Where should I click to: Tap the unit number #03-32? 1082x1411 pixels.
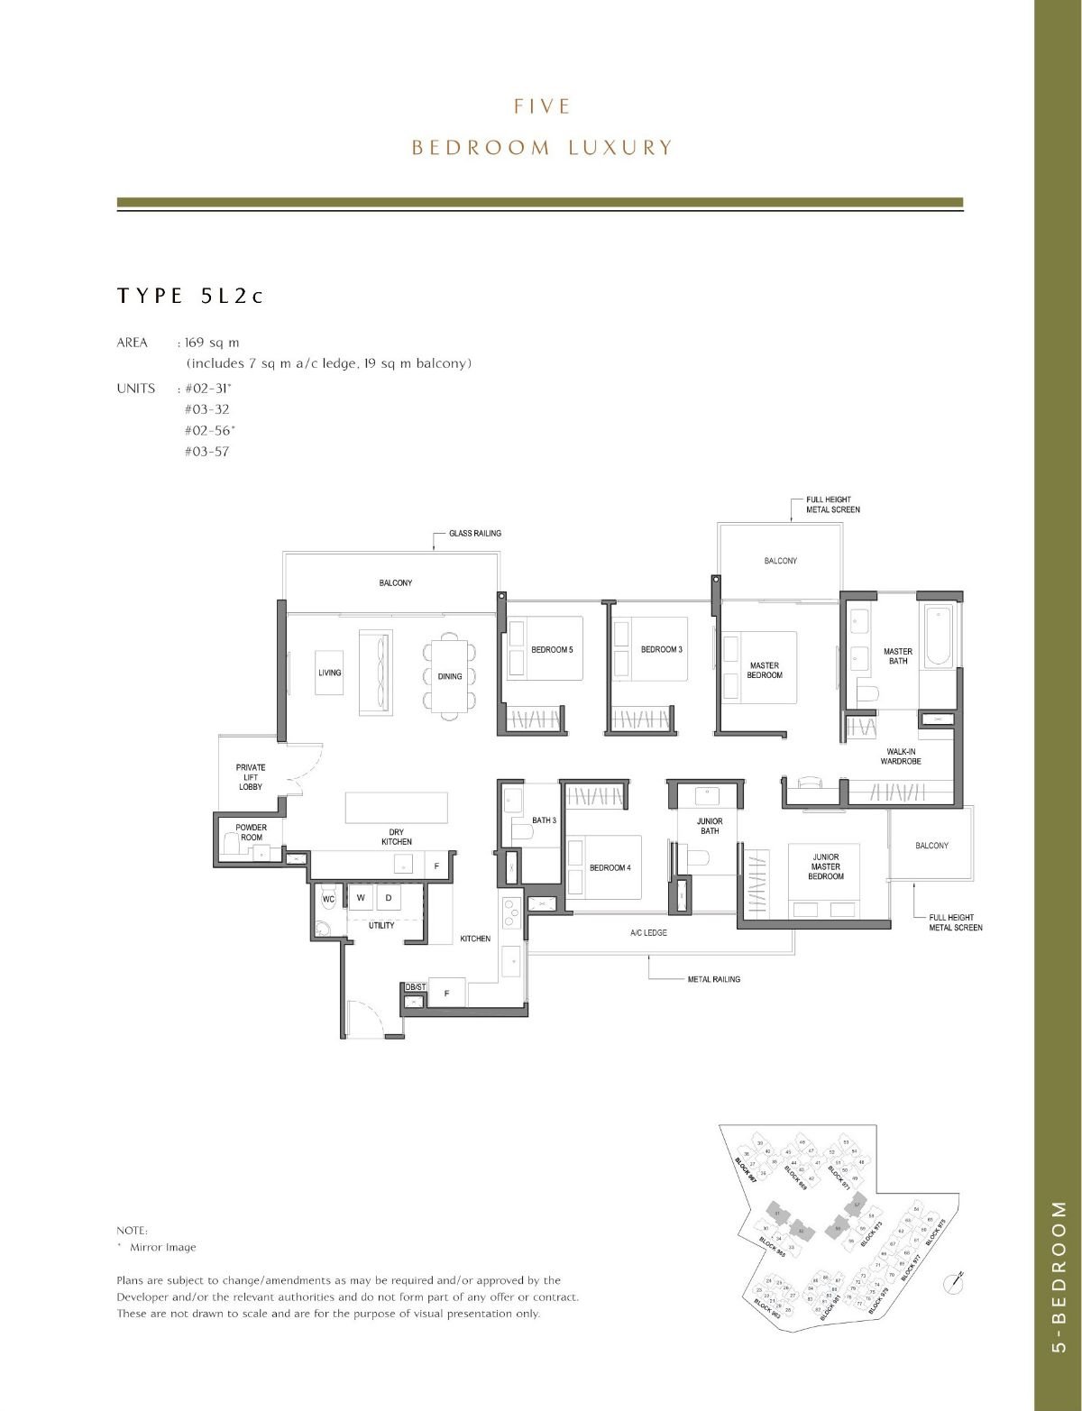pyautogui.click(x=206, y=409)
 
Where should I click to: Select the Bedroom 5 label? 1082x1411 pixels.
pyautogui.click(x=551, y=649)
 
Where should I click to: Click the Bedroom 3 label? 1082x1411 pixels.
pyautogui.click(x=661, y=649)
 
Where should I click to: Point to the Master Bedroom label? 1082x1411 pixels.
pyautogui.click(x=765, y=670)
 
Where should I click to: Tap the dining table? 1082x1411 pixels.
pyautogui.click(x=449, y=675)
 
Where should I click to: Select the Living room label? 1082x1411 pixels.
pyautogui.click(x=329, y=673)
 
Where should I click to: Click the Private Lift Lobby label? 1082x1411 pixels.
pyautogui.click(x=251, y=777)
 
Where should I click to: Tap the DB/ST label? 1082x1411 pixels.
pyautogui.click(x=415, y=987)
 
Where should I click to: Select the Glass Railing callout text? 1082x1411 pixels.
pyautogui.click(x=475, y=533)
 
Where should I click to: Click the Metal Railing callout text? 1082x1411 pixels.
pyautogui.click(x=713, y=979)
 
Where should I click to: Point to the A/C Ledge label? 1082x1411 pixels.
pyautogui.click(x=648, y=932)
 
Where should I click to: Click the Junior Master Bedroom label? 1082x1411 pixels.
pyautogui.click(x=825, y=866)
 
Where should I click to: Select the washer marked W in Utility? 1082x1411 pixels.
pyautogui.click(x=360, y=898)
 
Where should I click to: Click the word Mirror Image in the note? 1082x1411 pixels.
pyautogui.click(x=162, y=1248)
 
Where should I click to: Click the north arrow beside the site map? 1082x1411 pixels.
pyautogui.click(x=955, y=1279)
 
